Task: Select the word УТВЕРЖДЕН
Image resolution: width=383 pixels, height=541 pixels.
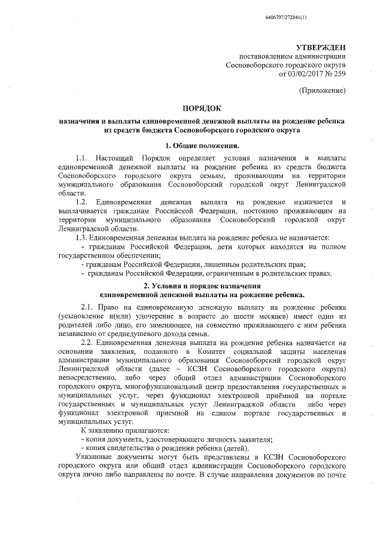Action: coord(321,47)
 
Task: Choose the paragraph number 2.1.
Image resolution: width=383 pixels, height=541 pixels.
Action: coord(88,306)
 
